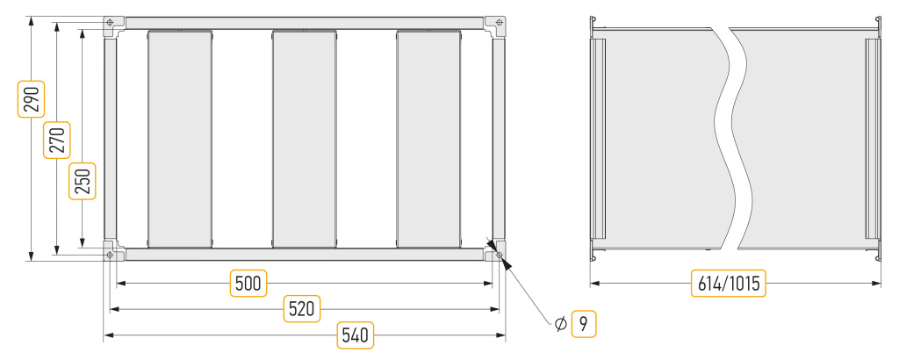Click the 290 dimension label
coord(31,99)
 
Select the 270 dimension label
coord(57,140)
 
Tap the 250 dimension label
coord(83,181)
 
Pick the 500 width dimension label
coord(248,284)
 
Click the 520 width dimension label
coord(302,309)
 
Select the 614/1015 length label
coord(729,284)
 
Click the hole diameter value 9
coord(584,325)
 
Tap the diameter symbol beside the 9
coord(561,325)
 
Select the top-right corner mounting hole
coord(500,23)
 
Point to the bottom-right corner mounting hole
coord(500,254)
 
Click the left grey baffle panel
coord(180,139)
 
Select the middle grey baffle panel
coord(305,139)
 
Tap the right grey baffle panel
coord(428,139)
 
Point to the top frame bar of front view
coord(305,23)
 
